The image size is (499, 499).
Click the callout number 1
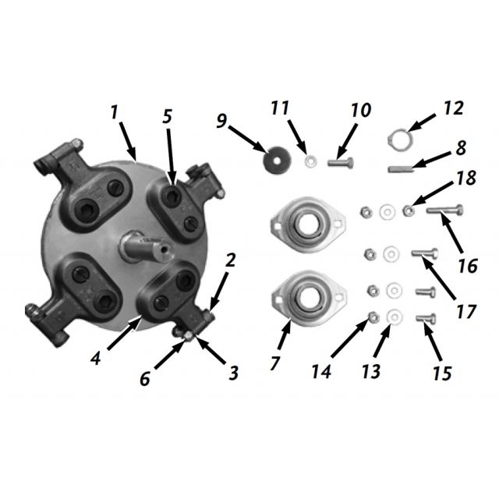(x=115, y=111)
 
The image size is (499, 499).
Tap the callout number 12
(x=452, y=108)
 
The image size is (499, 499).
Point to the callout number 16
(x=468, y=266)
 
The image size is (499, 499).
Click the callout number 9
(x=221, y=121)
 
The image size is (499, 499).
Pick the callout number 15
(x=441, y=373)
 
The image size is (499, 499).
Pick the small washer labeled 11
(x=310, y=161)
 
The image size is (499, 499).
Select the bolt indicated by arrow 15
(x=426, y=317)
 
